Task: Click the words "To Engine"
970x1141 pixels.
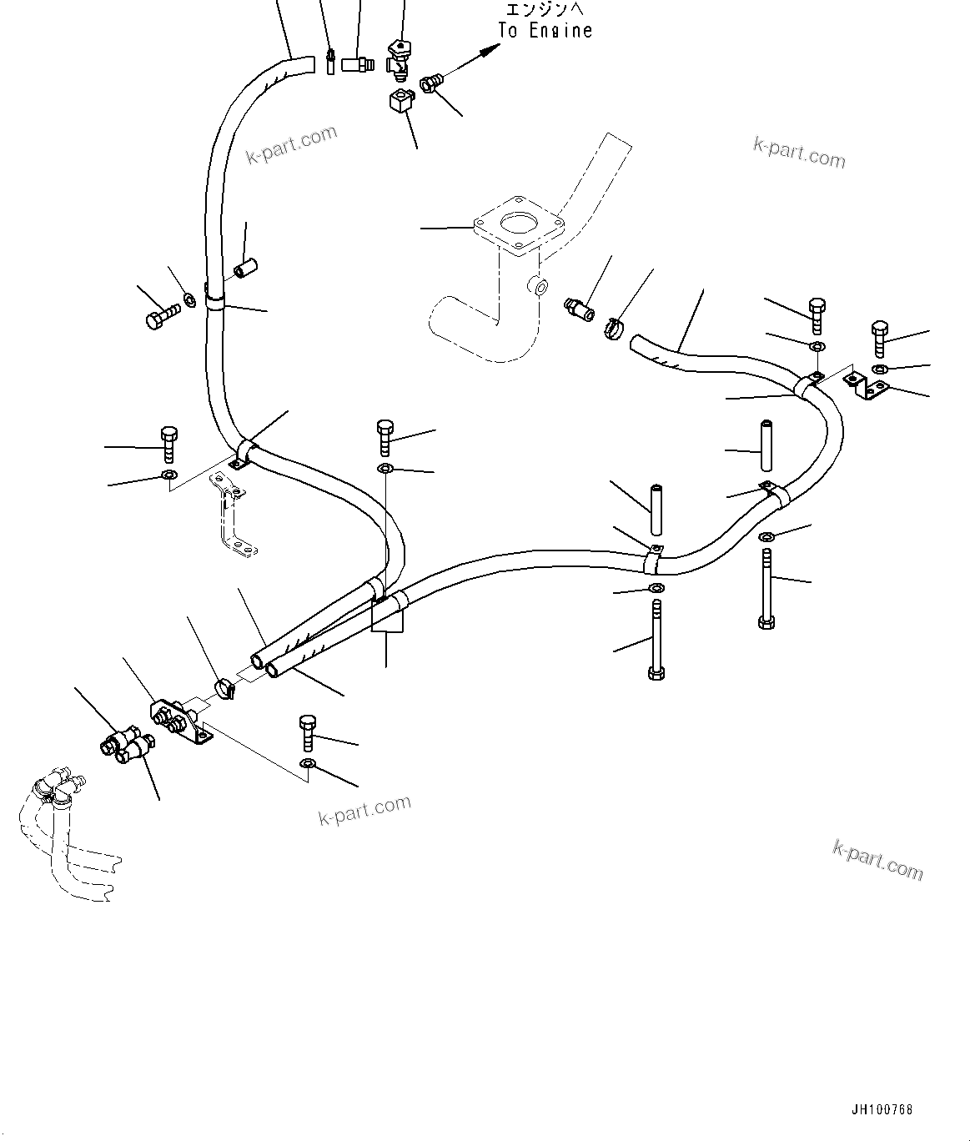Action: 545,31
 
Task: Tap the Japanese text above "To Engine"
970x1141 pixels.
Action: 546,9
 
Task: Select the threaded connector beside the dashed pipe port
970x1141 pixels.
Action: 579,308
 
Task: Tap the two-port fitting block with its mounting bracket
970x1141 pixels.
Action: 178,720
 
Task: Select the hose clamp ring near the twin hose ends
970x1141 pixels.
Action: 224,689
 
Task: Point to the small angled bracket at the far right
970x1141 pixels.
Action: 867,385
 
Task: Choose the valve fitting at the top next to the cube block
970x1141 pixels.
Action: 400,58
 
